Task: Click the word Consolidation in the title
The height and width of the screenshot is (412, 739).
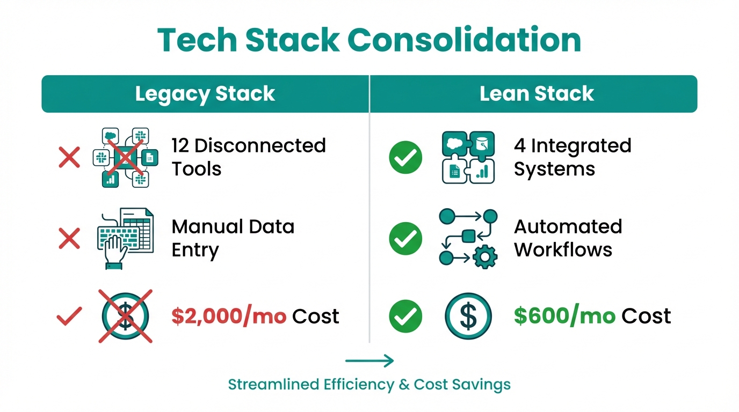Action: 465,40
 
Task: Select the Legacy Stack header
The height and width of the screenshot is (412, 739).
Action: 205,94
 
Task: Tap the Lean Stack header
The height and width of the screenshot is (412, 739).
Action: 537,94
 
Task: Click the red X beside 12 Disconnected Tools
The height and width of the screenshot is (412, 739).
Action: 69,157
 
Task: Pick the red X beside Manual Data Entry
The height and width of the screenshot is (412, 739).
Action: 69,238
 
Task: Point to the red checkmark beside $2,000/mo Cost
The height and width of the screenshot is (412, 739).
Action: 69,316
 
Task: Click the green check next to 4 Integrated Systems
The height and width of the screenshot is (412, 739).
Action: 405,157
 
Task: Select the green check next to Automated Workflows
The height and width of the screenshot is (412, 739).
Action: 405,238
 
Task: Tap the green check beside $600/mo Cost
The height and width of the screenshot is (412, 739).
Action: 405,316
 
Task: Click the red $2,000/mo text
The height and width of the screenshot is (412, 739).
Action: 229,316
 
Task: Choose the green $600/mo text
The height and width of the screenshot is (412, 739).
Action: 564,316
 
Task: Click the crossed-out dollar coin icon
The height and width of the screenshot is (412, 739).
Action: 126,316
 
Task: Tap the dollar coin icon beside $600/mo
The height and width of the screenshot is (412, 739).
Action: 468,316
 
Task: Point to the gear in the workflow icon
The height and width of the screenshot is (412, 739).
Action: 485,257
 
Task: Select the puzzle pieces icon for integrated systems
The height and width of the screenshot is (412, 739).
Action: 468,157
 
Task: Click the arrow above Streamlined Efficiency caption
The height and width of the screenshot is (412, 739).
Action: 369,361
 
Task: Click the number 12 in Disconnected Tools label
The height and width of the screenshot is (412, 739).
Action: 180,146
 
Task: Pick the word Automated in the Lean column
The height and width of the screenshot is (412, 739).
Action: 568,226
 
